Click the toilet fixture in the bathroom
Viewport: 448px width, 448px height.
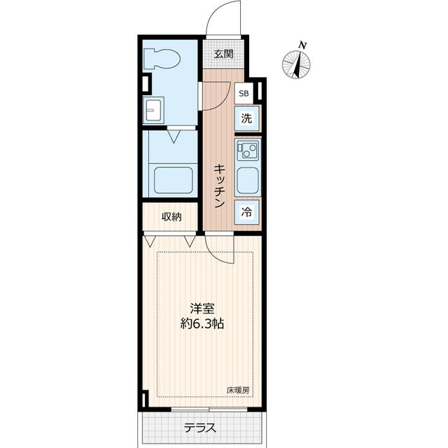coord(162,59)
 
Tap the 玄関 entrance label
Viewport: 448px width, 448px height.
coord(224,54)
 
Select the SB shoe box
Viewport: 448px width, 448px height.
coord(244,93)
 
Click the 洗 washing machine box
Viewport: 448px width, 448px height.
coord(246,118)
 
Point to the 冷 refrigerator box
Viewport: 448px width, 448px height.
coord(247,212)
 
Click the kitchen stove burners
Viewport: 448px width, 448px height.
coord(248,150)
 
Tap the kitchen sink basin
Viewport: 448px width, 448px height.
coord(248,181)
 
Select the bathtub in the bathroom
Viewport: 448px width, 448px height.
coord(173,181)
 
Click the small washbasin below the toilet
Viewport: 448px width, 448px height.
coord(153,110)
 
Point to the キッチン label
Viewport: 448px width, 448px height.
coord(220,185)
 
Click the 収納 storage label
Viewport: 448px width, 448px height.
coord(171,217)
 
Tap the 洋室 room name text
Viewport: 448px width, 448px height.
coord(202,309)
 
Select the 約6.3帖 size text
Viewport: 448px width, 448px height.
coord(202,324)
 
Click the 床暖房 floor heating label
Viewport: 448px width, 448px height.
coord(238,391)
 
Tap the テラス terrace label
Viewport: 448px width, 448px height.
coord(199,428)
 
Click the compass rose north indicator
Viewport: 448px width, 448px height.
coord(296,64)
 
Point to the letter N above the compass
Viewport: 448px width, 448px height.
coord(303,45)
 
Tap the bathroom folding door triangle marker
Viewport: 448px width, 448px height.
coord(174,136)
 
